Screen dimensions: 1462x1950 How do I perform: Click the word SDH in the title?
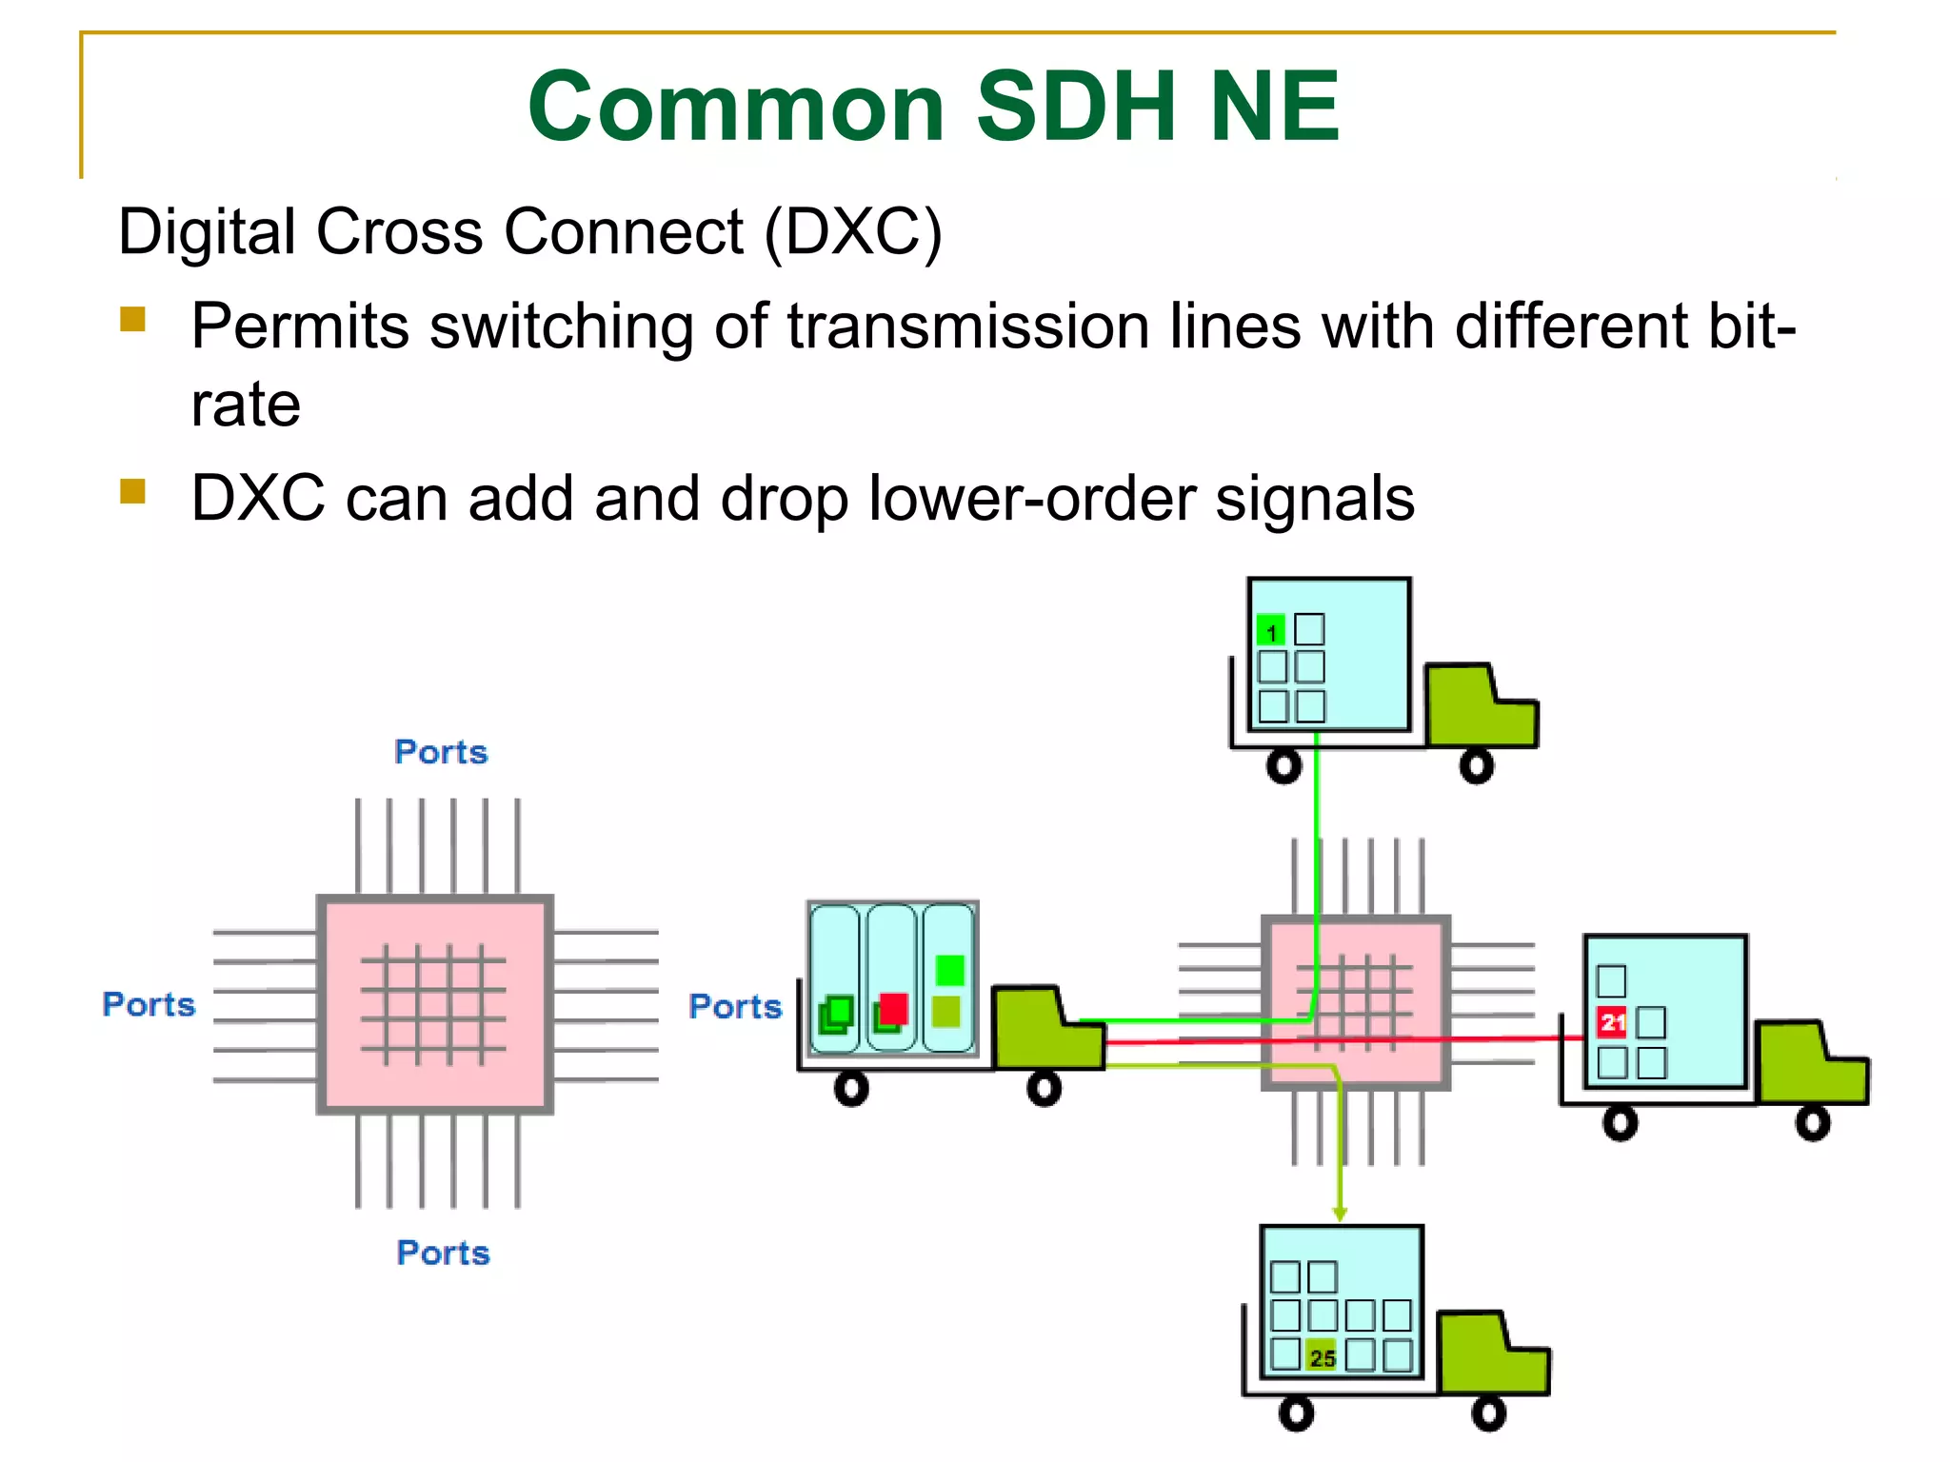1076,107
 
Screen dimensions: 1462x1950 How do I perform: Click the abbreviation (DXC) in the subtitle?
853,232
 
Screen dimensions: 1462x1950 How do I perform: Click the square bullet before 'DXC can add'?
132,491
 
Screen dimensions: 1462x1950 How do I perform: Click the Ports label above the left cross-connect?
441,752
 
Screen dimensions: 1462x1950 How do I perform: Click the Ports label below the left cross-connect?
443,1253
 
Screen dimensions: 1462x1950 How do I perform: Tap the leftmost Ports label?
149,1004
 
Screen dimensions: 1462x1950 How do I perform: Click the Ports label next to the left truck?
735,1006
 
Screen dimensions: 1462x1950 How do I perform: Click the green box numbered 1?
1271,630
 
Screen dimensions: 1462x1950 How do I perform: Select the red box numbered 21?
1611,1022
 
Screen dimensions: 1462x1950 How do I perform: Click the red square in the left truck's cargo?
893,1008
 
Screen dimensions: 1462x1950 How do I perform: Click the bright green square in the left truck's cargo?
949,970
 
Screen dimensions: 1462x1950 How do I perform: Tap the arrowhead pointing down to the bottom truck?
1340,1214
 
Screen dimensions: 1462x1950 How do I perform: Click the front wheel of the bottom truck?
1489,1413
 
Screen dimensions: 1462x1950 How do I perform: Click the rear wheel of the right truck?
1620,1123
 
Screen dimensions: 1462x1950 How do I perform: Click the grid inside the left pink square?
433,1004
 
